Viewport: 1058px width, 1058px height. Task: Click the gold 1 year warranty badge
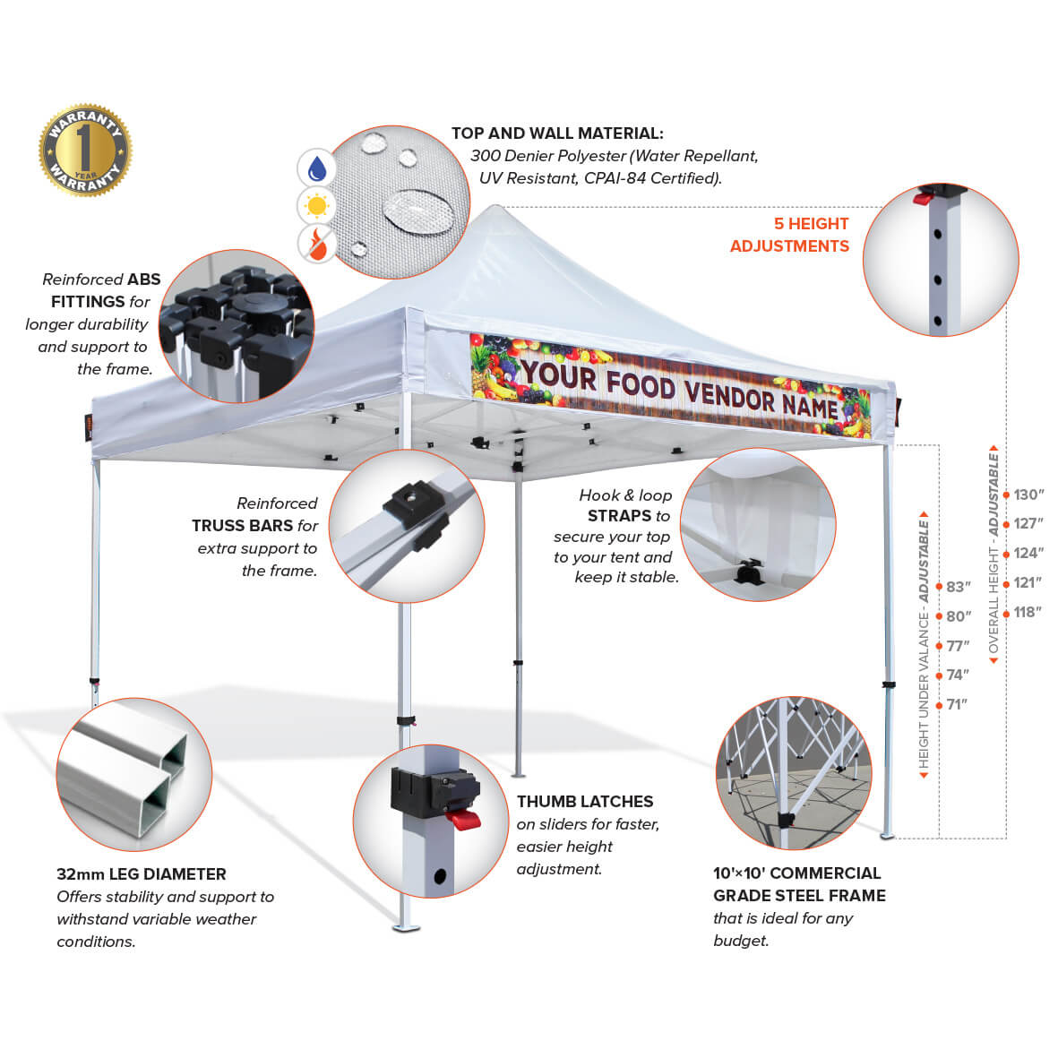click(x=85, y=151)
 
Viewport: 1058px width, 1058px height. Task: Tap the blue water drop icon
click(x=316, y=168)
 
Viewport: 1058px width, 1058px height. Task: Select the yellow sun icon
click(x=316, y=206)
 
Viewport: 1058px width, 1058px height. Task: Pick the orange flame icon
click(x=316, y=243)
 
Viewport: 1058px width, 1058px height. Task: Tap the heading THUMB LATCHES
click(x=585, y=802)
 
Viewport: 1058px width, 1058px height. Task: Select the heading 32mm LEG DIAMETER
click(x=142, y=874)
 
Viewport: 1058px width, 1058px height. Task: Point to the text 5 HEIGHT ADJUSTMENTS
click(x=790, y=235)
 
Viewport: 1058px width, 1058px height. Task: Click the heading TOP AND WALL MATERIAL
click(x=557, y=133)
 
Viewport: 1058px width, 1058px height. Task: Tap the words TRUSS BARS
click(x=242, y=526)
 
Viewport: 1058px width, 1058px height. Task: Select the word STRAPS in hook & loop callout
click(x=619, y=516)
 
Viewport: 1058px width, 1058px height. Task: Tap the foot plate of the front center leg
click(x=406, y=926)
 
